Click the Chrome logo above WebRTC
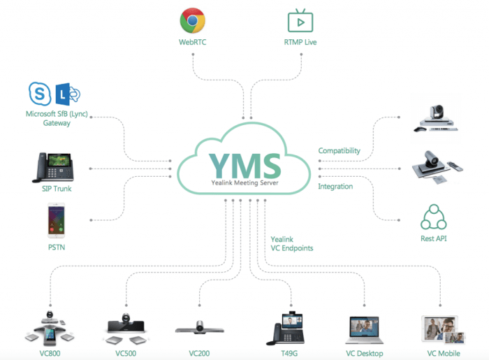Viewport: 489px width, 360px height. tap(192, 21)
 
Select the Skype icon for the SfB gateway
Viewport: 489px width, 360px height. tap(39, 94)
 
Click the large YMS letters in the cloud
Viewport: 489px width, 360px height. tap(244, 165)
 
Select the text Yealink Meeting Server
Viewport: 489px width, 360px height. tap(244, 184)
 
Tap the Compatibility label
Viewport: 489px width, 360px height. tap(339, 151)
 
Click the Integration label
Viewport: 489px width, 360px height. tap(335, 186)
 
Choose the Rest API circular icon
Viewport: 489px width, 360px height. tap(433, 217)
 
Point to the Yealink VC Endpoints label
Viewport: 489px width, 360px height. tap(292, 243)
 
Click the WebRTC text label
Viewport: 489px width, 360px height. tap(192, 42)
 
